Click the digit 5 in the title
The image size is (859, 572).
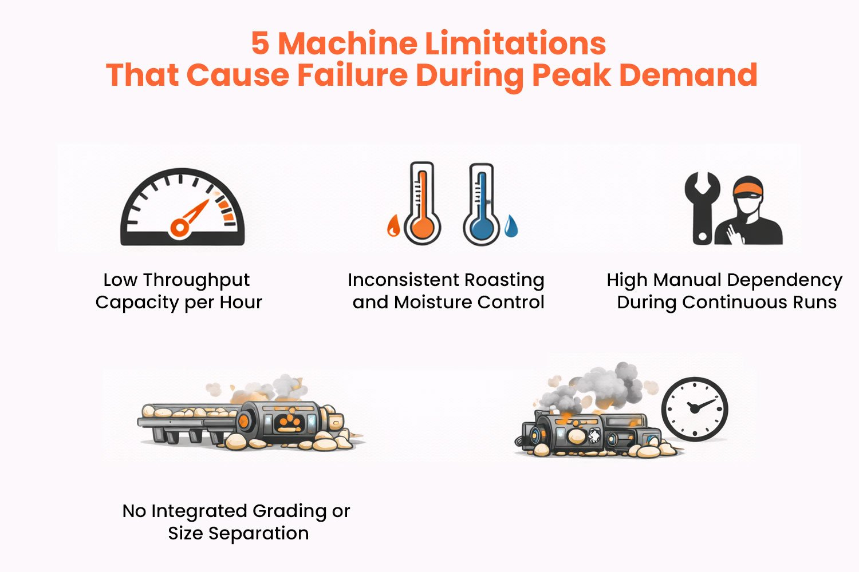(260, 43)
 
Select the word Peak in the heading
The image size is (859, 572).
(572, 74)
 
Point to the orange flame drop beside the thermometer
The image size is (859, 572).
(393, 225)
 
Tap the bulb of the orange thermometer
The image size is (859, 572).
(422, 227)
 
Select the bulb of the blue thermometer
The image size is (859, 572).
(481, 227)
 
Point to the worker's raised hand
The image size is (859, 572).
(734, 235)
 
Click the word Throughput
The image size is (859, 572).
(196, 281)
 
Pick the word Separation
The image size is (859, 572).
(258, 534)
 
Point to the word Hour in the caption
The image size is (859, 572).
(241, 302)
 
